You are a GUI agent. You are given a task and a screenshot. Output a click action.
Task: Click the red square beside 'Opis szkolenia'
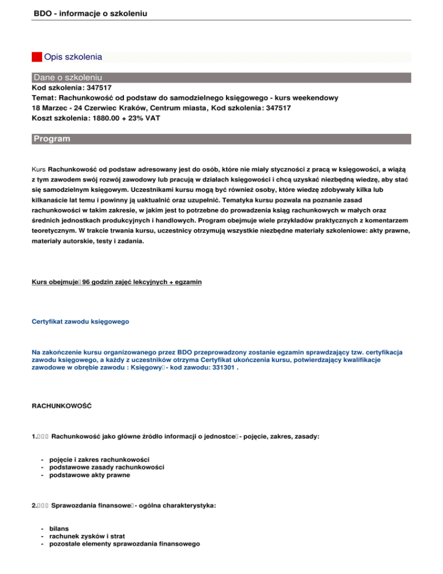pos(36,57)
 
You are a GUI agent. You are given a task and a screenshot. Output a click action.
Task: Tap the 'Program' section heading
pos(52,139)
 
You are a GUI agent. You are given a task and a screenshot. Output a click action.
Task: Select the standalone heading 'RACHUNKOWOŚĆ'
pos(61,407)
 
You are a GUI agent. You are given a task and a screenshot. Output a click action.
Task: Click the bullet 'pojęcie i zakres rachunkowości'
pos(100,459)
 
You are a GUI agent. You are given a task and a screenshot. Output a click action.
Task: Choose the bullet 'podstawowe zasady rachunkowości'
pos(107,467)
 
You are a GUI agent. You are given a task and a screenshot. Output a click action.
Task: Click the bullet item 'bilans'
pos(60,528)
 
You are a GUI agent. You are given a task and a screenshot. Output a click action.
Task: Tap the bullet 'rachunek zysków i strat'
pos(87,536)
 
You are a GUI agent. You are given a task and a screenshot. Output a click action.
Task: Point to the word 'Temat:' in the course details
pos(43,98)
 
